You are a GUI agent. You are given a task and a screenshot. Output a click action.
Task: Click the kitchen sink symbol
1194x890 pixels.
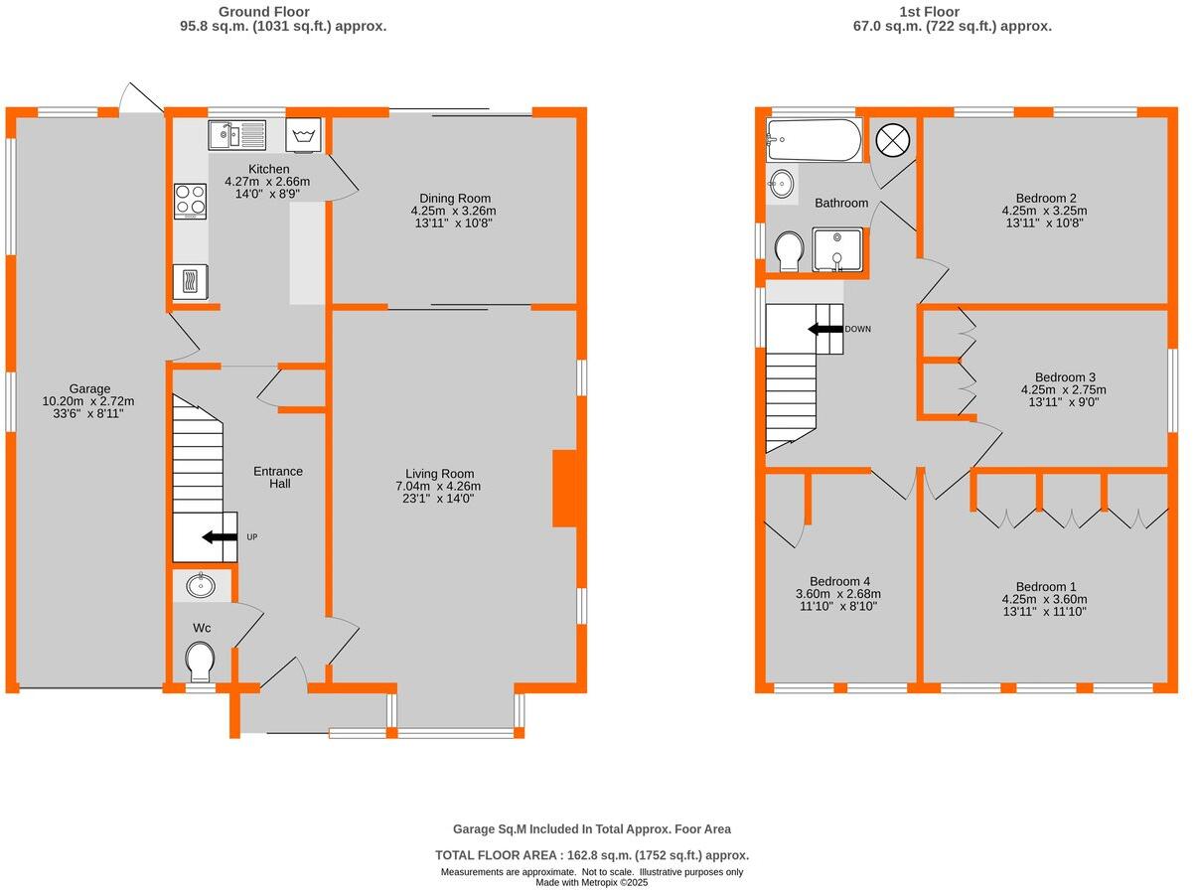[236, 133]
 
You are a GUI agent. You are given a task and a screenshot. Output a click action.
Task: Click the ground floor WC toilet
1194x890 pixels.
[200, 661]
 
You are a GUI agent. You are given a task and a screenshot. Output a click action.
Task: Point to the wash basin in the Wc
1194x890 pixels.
[200, 585]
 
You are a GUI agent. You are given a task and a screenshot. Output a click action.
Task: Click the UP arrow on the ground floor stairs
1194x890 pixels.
[214, 537]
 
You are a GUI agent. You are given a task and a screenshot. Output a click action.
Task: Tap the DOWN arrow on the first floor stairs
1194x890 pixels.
[823, 329]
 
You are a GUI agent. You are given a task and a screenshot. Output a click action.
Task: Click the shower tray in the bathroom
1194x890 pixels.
[836, 249]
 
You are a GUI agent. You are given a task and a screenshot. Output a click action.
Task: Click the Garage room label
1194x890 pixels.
[89, 388]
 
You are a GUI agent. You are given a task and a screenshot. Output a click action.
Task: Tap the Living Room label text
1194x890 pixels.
[439, 474]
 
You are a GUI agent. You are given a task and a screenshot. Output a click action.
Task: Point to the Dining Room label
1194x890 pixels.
[453, 198]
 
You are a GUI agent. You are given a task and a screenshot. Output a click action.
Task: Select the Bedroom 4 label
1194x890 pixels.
[839, 581]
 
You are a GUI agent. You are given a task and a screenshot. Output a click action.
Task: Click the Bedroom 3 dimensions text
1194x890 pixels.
[1065, 396]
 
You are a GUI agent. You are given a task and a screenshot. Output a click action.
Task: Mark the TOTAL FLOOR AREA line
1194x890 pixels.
[592, 855]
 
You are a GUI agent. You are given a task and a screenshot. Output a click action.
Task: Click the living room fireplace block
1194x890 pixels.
[564, 488]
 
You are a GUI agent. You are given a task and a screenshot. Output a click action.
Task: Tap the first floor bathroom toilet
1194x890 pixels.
[791, 251]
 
